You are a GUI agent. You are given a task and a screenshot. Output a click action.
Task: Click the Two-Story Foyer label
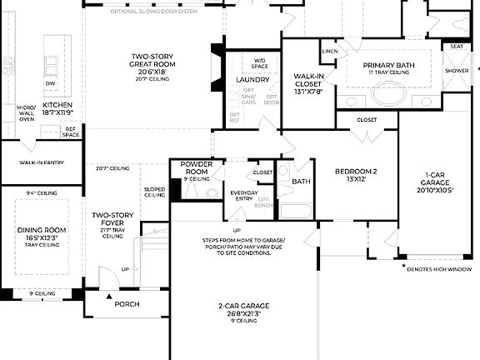[x=112, y=219]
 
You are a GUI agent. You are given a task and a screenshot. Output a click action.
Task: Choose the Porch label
[x=127, y=304]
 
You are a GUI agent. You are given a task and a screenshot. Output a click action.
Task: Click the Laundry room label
[x=252, y=80]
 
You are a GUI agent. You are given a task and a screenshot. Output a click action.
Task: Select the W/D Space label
[x=259, y=63]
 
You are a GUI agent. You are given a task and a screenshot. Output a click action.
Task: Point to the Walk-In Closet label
[x=307, y=80]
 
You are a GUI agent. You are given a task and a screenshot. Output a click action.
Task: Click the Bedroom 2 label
[x=356, y=174]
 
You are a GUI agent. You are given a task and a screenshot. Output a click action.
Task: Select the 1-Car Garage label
[x=437, y=183]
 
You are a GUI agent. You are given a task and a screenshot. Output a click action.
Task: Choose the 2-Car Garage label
[x=242, y=309]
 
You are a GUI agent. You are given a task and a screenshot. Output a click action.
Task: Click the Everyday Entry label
[x=244, y=196]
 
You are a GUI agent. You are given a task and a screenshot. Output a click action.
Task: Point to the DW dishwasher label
[x=51, y=84]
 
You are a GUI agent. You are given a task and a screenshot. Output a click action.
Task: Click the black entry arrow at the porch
[x=107, y=296]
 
